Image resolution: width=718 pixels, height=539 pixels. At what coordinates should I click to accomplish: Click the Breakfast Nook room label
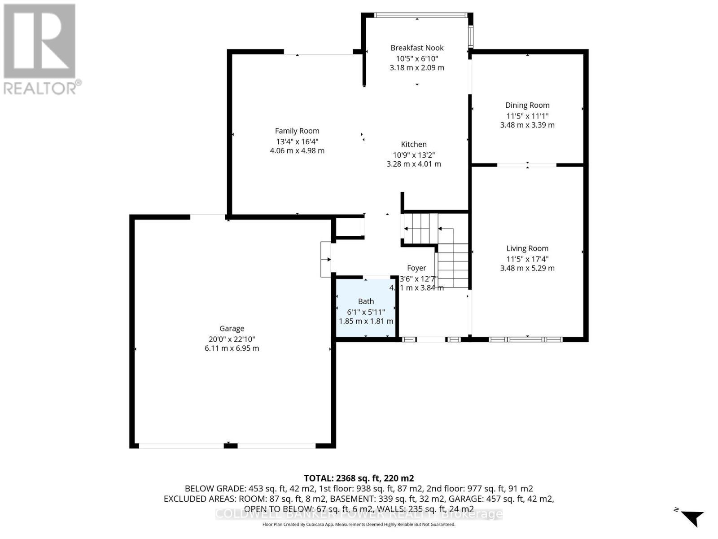pyautogui.click(x=417, y=48)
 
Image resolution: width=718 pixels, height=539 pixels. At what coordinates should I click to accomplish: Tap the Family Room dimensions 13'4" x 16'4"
pyautogui.click(x=297, y=141)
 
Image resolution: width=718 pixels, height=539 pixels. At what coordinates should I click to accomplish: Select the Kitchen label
pyautogui.click(x=414, y=144)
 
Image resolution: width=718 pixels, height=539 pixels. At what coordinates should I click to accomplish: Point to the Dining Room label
pyautogui.click(x=527, y=105)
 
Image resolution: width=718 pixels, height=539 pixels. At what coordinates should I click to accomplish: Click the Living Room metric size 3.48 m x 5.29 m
pyautogui.click(x=527, y=268)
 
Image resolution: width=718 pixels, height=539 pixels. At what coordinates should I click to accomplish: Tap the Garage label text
pyautogui.click(x=232, y=328)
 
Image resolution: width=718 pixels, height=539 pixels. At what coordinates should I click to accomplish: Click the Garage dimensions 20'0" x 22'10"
pyautogui.click(x=232, y=339)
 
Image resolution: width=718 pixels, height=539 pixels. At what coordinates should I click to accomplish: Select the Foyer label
pyautogui.click(x=416, y=268)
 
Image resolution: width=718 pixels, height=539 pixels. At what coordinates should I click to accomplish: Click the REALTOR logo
pyautogui.click(x=40, y=49)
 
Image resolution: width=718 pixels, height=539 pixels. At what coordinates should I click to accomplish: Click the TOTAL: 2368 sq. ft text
pyautogui.click(x=359, y=478)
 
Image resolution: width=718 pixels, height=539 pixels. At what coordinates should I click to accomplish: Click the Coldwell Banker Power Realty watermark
pyautogui.click(x=359, y=514)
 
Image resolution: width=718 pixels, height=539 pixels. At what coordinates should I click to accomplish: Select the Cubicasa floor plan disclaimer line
pyautogui.click(x=359, y=525)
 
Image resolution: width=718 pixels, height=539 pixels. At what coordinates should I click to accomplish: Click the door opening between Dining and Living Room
pyautogui.click(x=527, y=165)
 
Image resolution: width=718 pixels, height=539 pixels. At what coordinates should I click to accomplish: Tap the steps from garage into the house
pyautogui.click(x=325, y=259)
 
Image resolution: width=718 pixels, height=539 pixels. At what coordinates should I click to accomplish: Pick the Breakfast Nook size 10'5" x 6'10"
pyautogui.click(x=417, y=58)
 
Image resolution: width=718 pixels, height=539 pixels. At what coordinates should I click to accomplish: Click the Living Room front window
pyautogui.click(x=525, y=339)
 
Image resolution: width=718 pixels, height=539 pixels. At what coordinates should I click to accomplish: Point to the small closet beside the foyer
pyautogui.click(x=349, y=227)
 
